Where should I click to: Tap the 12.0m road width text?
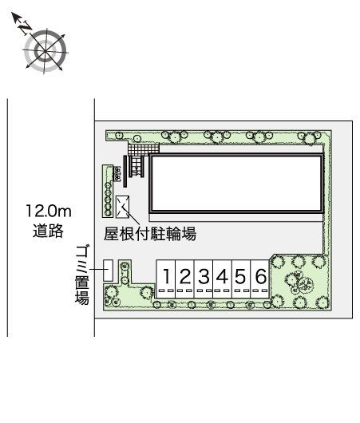pyautogui.click(x=49, y=212)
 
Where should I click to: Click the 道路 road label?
pyautogui.click(x=49, y=232)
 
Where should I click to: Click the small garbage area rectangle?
pyautogui.click(x=107, y=271)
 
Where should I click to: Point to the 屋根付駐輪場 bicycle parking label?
pyautogui.click(x=150, y=234)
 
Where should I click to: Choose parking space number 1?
pyautogui.click(x=166, y=277)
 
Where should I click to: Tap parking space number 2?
pyautogui.click(x=184, y=277)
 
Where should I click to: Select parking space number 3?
pyautogui.click(x=204, y=277)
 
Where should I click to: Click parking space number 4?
pyautogui.click(x=223, y=277)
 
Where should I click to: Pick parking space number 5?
pyautogui.click(x=241, y=277)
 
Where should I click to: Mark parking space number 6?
pyautogui.click(x=260, y=277)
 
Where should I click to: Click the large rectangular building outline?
pyautogui.click(x=237, y=182)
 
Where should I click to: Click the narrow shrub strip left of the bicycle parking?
pyautogui.click(x=107, y=191)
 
